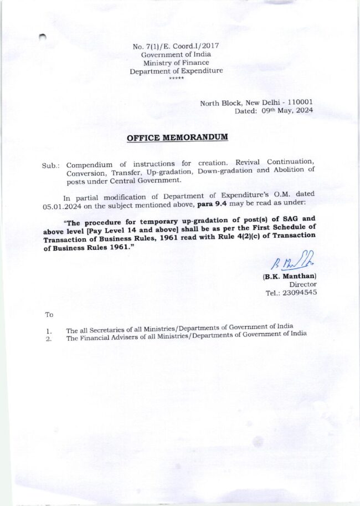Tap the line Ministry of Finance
pyautogui.click(x=176, y=63)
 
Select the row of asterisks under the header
pyautogui.click(x=176, y=78)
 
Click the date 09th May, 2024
pyautogui.click(x=287, y=111)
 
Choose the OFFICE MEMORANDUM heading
pyautogui.click(x=177, y=137)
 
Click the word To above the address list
pyautogui.click(x=49, y=314)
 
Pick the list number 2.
pyautogui.click(x=49, y=339)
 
